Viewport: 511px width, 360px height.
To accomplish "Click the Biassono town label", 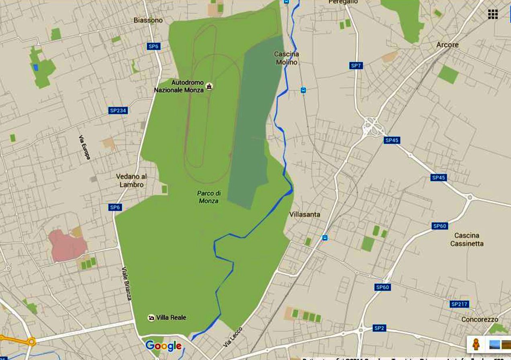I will coord(148,20).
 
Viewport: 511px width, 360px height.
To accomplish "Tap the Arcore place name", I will coord(447,45).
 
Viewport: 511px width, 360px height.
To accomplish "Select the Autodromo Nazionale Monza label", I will coord(179,86).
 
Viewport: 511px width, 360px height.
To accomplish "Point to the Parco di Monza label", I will coord(208,197).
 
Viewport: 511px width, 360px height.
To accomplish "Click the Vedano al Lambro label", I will coord(131,181).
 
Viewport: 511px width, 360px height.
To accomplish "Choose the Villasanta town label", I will coord(305,214).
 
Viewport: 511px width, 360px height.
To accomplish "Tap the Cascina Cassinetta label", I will coord(467,239).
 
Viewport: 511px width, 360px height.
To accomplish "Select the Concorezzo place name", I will coord(480,319).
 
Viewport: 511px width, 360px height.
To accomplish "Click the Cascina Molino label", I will coord(286,58).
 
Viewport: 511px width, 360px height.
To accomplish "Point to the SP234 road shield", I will coord(118,110).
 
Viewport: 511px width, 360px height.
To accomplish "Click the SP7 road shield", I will coord(356,65).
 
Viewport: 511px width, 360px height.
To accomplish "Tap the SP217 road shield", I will coord(460,304).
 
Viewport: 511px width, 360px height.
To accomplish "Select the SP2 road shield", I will coord(379,328).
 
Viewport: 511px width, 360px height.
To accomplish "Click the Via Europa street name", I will coord(85,147).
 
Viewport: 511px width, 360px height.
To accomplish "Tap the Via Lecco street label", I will coord(233,338).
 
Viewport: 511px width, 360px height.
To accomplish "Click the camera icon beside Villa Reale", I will coord(151,318).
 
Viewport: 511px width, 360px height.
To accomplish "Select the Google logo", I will coord(164,346).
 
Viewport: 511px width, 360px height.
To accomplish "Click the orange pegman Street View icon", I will coord(476,344).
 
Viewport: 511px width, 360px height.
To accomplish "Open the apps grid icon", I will coord(493,14).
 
